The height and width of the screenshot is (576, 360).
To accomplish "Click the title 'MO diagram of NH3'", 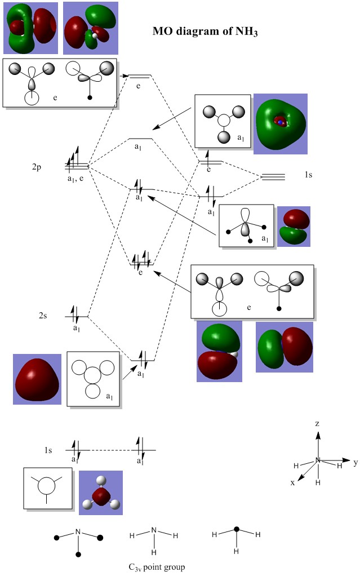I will pos(206,32).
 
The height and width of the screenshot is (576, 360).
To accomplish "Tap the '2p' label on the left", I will pos(38,167).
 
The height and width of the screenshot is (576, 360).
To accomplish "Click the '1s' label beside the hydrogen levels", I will pos(308,175).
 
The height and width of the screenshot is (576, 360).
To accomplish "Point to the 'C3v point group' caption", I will pos(156,566).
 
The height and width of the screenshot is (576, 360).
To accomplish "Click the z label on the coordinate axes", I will pos(318,423).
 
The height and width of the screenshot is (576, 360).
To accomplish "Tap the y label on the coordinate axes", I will pos(355,463).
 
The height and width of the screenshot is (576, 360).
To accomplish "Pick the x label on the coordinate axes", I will pos(292,483).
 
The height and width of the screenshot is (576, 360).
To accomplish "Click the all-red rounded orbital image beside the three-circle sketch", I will pos(37,379).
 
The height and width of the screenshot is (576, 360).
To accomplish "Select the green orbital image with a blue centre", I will pos(280,123).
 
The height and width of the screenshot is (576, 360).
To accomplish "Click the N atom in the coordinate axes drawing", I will pos(318,460).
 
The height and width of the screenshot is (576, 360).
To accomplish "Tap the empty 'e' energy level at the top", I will pos(140,76).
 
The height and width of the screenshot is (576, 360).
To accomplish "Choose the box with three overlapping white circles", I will pos(93,379).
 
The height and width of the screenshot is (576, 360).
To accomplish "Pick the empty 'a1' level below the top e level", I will pos(140,139).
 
